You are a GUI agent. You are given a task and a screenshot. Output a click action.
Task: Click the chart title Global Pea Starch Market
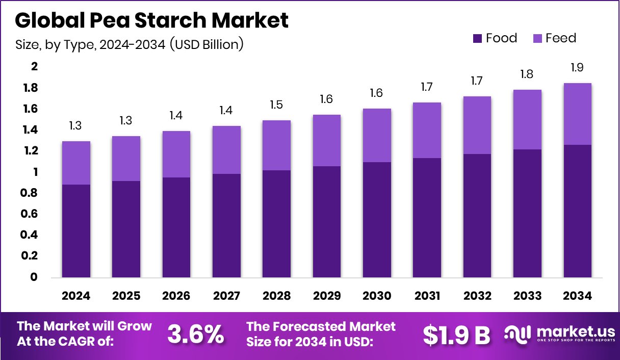[151, 20]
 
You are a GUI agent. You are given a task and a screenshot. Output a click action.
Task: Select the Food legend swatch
[477, 38]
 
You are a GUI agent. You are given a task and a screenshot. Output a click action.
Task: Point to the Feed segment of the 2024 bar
[76, 163]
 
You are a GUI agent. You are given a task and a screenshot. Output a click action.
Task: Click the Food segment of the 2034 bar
[578, 211]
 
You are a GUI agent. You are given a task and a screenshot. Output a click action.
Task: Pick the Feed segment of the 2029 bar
[327, 140]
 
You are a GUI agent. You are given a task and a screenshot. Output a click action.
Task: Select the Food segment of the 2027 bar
[226, 225]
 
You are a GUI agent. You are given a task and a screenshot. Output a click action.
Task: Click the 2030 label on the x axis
[377, 296]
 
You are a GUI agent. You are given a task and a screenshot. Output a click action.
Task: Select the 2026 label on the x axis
[176, 296]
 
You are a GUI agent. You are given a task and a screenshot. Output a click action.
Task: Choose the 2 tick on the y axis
[35, 67]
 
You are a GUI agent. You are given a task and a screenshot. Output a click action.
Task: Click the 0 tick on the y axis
[34, 277]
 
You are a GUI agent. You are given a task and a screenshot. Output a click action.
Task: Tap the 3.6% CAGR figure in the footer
[195, 334]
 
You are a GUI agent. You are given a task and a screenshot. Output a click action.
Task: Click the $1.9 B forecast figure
[456, 335]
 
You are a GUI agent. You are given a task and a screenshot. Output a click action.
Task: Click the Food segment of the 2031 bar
[427, 218]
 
